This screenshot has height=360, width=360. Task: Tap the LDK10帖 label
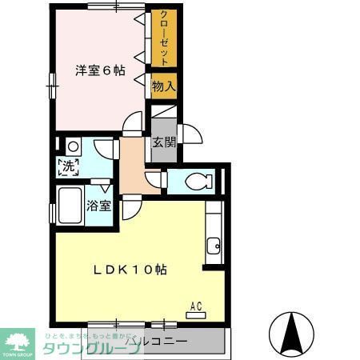132,270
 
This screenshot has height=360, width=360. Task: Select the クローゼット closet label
163,38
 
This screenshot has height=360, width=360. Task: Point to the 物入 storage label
163,85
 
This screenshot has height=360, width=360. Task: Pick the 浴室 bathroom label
98,205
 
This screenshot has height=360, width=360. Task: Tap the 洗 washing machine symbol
68,167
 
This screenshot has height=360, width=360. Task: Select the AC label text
195,305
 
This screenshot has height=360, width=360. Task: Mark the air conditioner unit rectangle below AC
195,315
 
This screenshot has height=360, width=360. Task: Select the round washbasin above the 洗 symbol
72,146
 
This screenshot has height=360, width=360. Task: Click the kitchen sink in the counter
213,245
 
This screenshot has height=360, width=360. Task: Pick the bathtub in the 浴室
70,206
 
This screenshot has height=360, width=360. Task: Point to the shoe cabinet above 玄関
163,113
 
